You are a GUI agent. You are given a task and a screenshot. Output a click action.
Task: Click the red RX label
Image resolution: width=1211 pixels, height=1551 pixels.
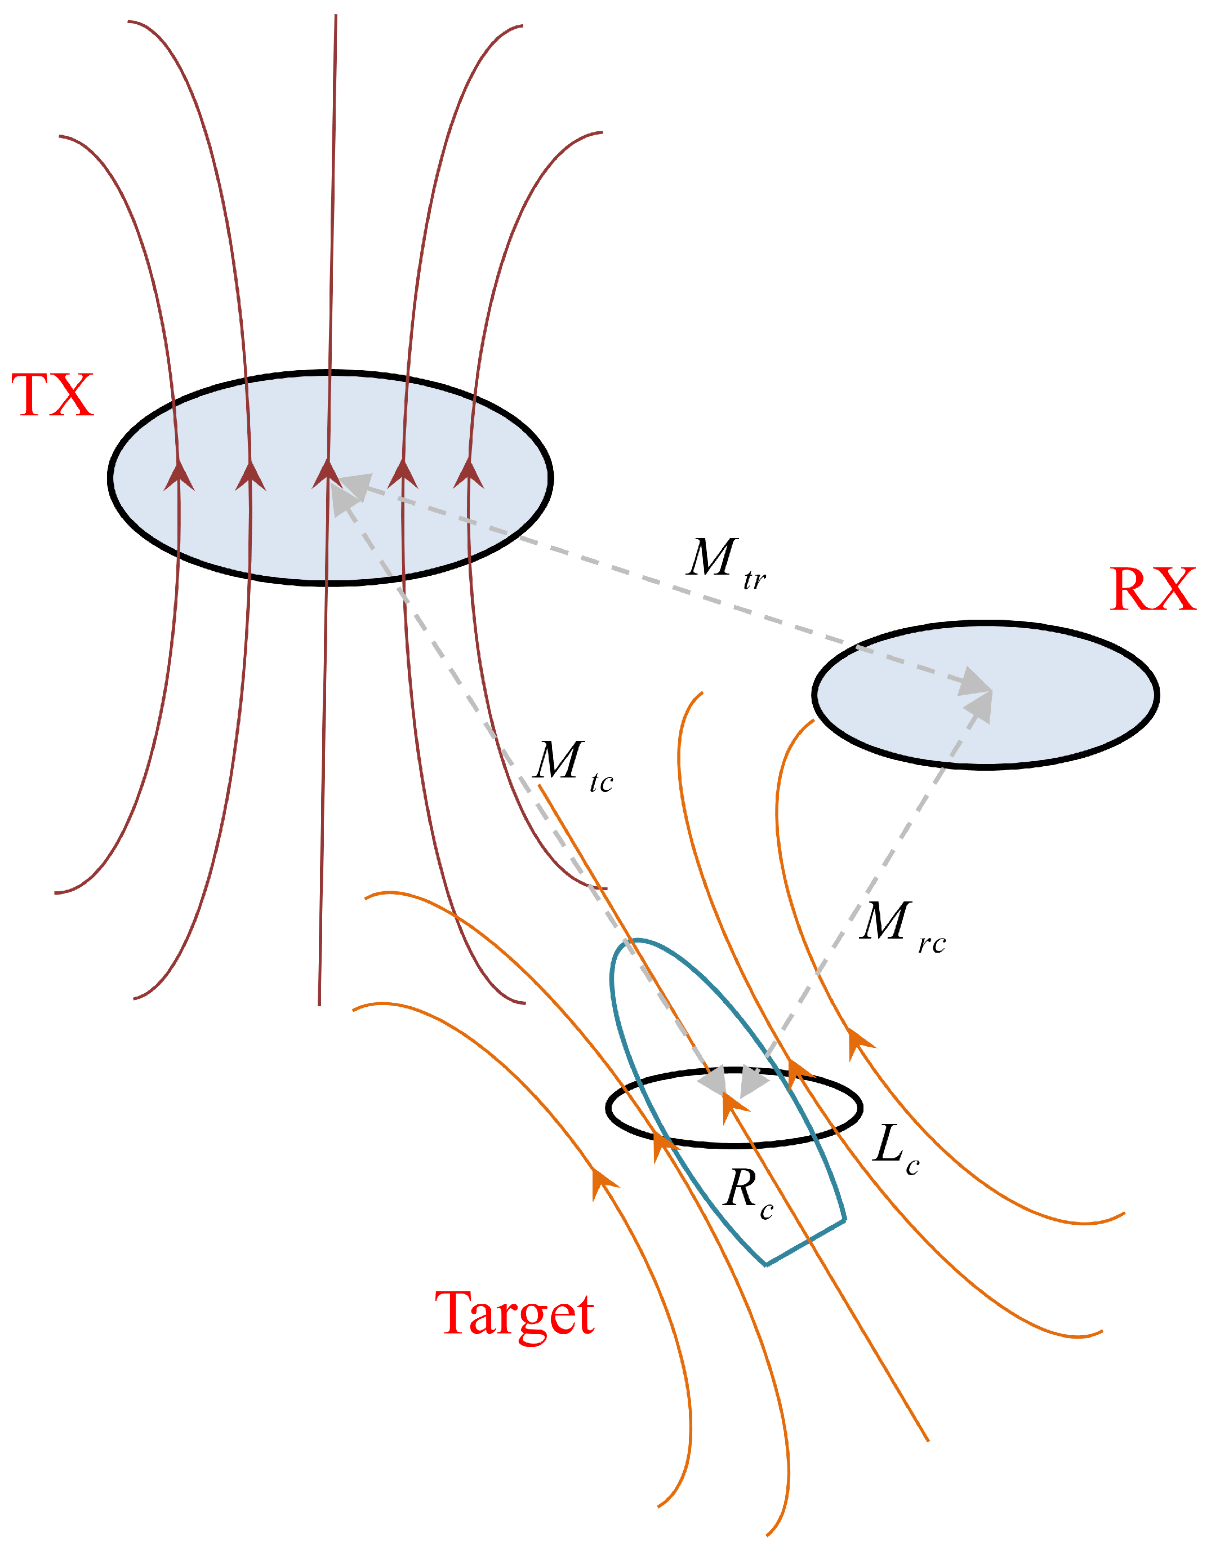(x=1152, y=589)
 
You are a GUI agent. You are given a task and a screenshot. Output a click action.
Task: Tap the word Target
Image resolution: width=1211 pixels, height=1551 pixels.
(x=515, y=1314)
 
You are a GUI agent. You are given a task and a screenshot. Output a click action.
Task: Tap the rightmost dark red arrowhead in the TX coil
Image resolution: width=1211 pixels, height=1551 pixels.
(x=469, y=474)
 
